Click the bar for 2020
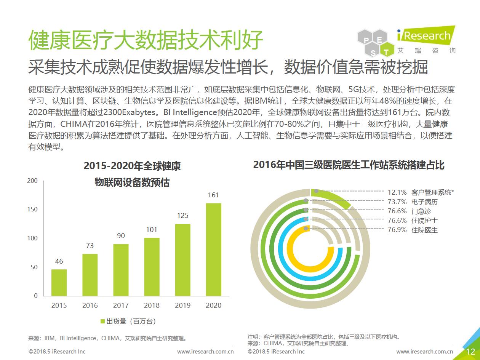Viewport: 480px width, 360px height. pyautogui.click(x=213, y=249)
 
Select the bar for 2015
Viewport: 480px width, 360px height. pyautogui.click(x=59, y=282)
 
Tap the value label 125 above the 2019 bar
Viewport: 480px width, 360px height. pyautogui.click(x=182, y=216)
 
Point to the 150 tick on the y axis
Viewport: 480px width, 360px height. pyautogui.click(x=32, y=210)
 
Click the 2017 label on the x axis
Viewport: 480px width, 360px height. pyautogui.click(x=121, y=306)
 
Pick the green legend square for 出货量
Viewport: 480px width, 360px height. pyautogui.click(x=102, y=321)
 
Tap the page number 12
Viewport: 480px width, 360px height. pyautogui.click(x=470, y=352)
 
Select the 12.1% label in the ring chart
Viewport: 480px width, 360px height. pyautogui.click(x=397, y=192)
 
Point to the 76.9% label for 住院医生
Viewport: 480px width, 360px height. pyautogui.click(x=397, y=230)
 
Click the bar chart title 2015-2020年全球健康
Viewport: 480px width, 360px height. pyautogui.click(x=132, y=166)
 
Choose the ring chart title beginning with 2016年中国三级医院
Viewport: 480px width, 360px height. pyautogui.click(x=349, y=165)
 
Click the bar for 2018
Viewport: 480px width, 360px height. pyautogui.click(x=152, y=267)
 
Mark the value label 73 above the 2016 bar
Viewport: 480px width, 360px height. pyautogui.click(x=90, y=246)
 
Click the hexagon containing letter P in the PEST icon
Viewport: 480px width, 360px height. pyautogui.click(x=366, y=40)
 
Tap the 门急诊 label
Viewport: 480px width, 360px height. pyautogui.click(x=421, y=211)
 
